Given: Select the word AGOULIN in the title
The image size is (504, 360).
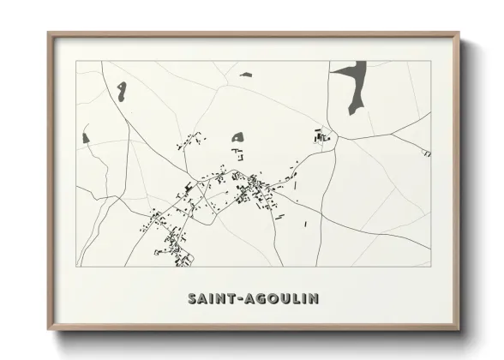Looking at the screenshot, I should (x=281, y=298).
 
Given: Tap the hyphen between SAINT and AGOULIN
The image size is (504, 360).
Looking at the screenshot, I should (x=239, y=298).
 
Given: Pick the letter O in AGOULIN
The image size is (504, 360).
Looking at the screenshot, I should (x=273, y=298).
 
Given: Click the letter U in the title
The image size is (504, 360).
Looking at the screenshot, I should (x=286, y=298).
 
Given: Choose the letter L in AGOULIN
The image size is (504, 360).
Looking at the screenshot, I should (x=297, y=298).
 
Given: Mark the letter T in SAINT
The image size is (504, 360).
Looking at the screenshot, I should (x=231, y=298).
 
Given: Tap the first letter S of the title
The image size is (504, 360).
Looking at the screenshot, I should (x=191, y=298).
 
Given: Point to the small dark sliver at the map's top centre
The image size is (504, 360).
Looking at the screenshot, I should (x=246, y=75).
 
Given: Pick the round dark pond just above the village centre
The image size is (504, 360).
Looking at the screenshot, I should (x=237, y=135).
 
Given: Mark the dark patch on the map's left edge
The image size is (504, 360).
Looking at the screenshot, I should (x=85, y=136).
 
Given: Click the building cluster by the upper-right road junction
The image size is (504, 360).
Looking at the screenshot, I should (x=322, y=135).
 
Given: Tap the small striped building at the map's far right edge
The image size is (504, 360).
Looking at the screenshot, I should (x=426, y=153).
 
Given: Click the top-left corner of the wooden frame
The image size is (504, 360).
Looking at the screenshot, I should (x=49, y=33).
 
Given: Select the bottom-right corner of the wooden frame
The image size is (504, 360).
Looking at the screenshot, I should (x=459, y=329).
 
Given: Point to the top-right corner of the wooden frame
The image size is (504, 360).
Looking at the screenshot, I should (x=459, y=33).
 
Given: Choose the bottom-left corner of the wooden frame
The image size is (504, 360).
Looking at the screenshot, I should (x=49, y=329).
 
